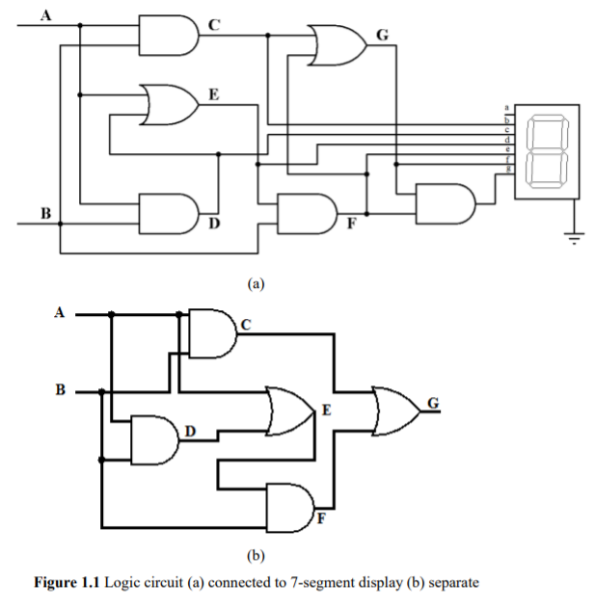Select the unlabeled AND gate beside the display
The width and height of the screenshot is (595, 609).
point(445,203)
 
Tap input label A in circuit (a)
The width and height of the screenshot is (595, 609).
point(44,13)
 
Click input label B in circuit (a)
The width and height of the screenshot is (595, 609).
point(44,210)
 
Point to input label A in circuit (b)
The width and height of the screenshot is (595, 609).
point(60,311)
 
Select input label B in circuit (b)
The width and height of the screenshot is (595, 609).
point(60,390)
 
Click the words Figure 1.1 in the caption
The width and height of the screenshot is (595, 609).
point(67,583)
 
